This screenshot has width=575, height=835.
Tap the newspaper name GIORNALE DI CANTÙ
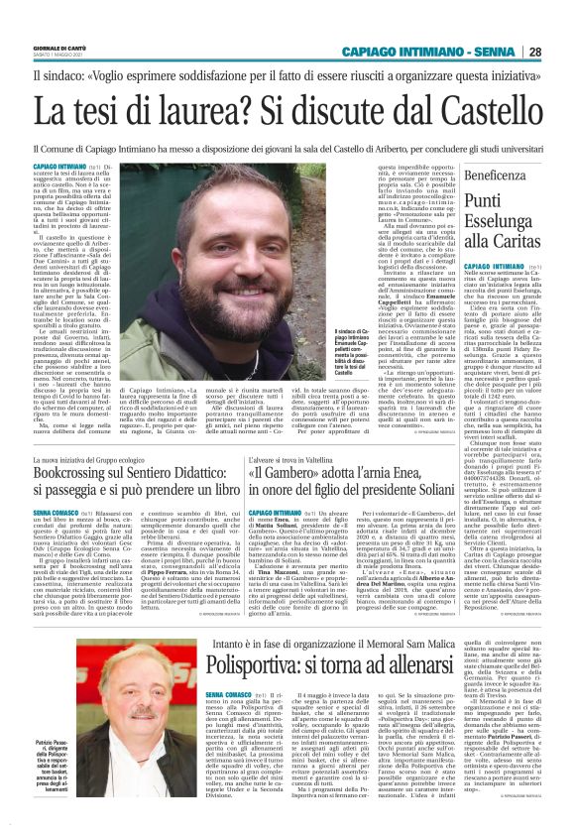click(61, 49)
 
